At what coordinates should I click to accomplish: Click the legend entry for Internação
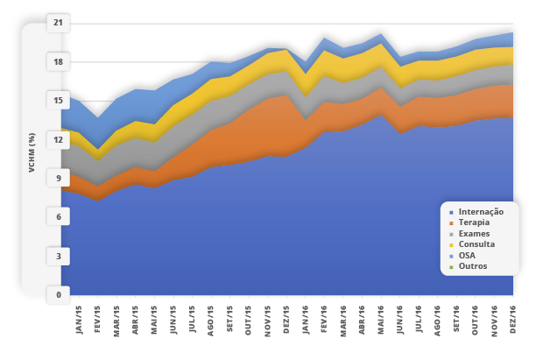[x=481, y=212]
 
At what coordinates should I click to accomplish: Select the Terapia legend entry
[x=474, y=222]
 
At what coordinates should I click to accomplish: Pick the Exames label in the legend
[x=474, y=234]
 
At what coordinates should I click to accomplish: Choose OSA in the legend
[x=469, y=255]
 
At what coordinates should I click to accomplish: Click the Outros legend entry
[x=472, y=265]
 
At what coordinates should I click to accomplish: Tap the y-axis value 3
[x=58, y=256]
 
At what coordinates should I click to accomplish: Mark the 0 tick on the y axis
[x=58, y=295]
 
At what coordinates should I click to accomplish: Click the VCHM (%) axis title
[x=31, y=152]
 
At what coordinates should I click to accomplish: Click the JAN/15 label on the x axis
[x=78, y=317]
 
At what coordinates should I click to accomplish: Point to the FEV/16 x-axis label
[x=324, y=317]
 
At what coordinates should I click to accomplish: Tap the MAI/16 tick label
[x=381, y=317]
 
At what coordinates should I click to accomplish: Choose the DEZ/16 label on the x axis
[x=513, y=317]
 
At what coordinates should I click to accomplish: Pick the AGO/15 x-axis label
[x=211, y=317]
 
